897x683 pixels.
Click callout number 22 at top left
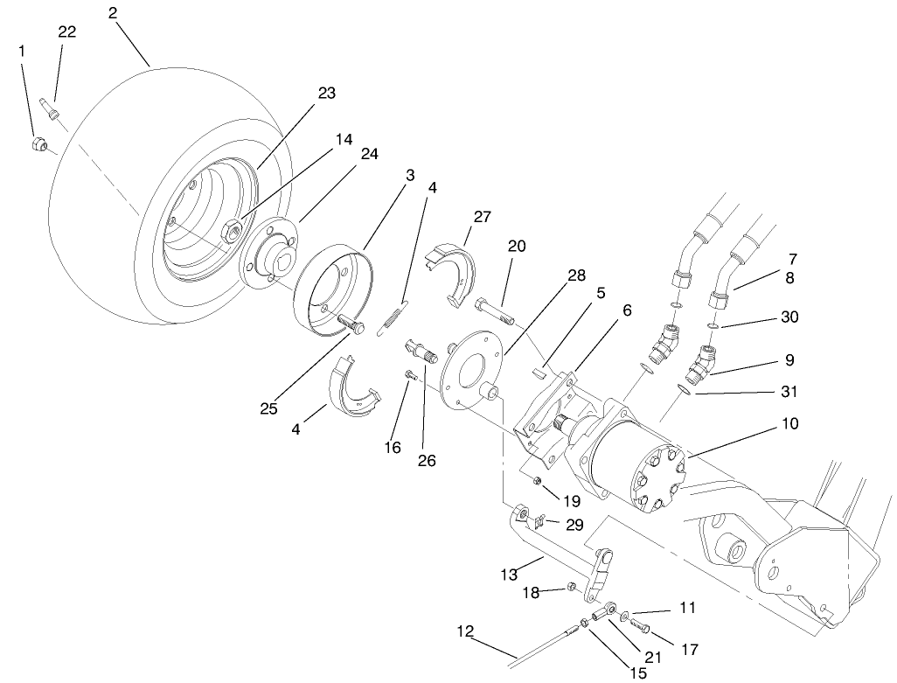[x=66, y=31]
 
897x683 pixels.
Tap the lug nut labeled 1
[x=38, y=143]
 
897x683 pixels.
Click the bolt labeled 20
[x=496, y=308]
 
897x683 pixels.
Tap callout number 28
[x=575, y=275]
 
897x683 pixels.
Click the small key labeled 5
[x=539, y=371]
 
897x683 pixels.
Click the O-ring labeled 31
[x=686, y=389]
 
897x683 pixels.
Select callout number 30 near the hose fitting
[x=790, y=317]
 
